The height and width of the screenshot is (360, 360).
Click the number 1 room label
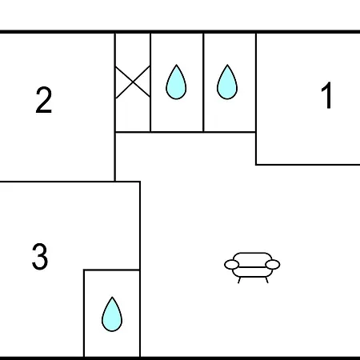pyautogui.click(x=326, y=95)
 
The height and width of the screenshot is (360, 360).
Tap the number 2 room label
pyautogui.click(x=43, y=100)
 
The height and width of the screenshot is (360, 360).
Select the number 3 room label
pyautogui.click(x=40, y=256)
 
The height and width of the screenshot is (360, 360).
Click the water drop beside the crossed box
pyautogui.click(x=176, y=82)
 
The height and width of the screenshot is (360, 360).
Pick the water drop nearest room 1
pyautogui.click(x=227, y=82)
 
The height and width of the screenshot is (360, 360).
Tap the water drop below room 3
pyautogui.click(x=112, y=314)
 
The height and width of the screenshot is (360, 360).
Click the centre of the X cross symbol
pyautogui.click(x=133, y=82)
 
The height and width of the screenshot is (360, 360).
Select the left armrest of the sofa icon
pyautogui.click(x=231, y=265)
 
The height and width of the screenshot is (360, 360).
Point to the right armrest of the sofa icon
pyautogui.click(x=273, y=265)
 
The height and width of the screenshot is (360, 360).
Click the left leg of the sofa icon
pyautogui.click(x=239, y=280)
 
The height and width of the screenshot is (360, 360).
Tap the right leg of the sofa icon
pyautogui.click(x=266, y=280)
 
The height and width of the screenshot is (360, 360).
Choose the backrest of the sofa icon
pyautogui.click(x=252, y=258)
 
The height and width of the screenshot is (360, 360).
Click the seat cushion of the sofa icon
pyautogui.click(x=252, y=272)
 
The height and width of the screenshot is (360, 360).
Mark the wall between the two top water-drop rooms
pyautogui.click(x=203, y=82)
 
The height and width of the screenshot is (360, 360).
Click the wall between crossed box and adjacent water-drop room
pyautogui.click(x=150, y=82)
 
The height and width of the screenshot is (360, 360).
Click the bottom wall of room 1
pyautogui.click(x=308, y=165)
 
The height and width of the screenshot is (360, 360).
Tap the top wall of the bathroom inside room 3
pyautogui.click(x=112, y=270)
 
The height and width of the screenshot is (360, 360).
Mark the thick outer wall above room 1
pyautogui.click(x=308, y=32)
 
